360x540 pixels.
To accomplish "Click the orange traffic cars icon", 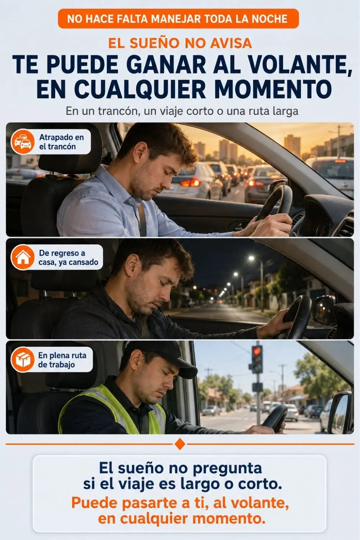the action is (22, 142).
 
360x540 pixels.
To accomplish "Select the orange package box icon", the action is (22, 360).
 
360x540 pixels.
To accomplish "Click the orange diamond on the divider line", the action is (179, 444).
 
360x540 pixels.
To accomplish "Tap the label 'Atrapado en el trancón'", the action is (61, 142).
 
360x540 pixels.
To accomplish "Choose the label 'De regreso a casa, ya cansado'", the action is (68, 257).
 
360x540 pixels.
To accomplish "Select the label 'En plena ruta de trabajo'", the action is (62, 360).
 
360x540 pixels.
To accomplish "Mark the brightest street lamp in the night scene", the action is (251, 258).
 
